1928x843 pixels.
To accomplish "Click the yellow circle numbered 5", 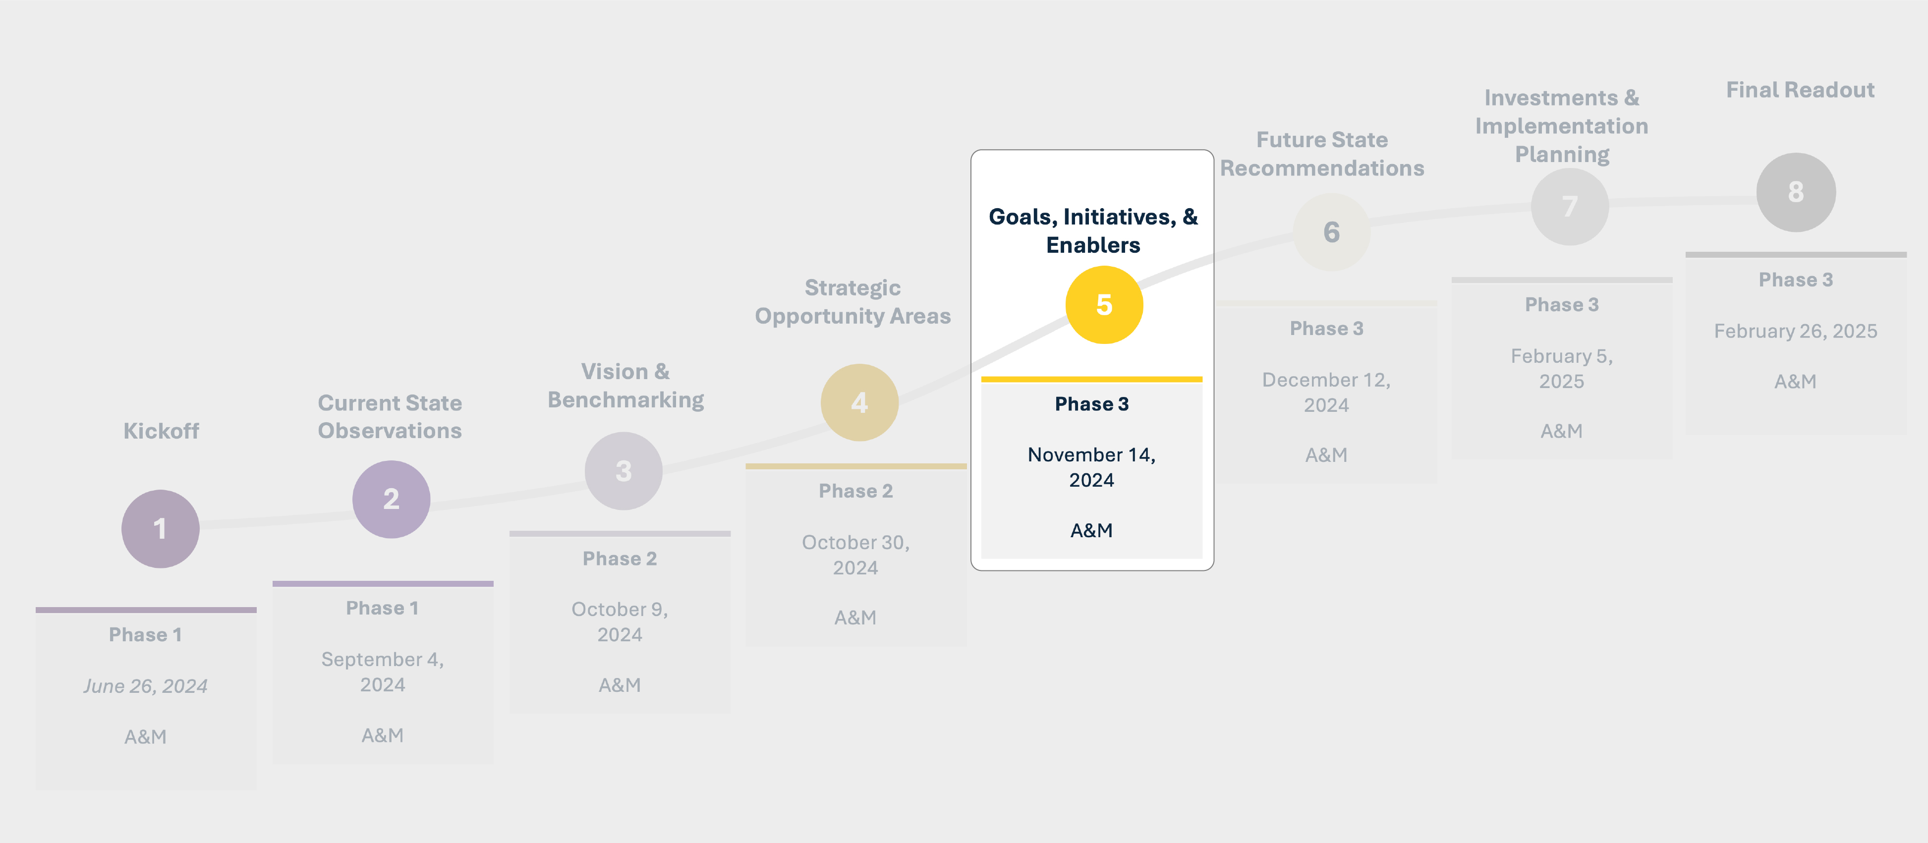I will (x=1104, y=305).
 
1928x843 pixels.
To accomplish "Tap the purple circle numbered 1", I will (x=160, y=529).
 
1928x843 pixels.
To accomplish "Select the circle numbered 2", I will (x=391, y=499).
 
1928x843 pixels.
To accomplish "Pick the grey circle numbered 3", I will (x=624, y=471).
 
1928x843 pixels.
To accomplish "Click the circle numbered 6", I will (x=1331, y=232).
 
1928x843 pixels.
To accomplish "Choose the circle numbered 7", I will (x=1570, y=207).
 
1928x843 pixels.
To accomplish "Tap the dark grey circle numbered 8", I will (x=1796, y=192).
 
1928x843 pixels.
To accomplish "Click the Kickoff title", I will (x=161, y=431).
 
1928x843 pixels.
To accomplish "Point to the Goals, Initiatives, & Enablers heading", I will (x=1093, y=230).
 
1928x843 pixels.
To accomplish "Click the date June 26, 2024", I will (x=145, y=686).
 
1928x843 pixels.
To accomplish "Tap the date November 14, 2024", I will (x=1091, y=467).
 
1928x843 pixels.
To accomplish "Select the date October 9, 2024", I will (x=620, y=621).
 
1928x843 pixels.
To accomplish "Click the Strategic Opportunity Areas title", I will (x=852, y=302).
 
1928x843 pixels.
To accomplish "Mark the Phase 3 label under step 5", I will (x=1091, y=404).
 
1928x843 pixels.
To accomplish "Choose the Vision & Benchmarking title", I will (x=625, y=386).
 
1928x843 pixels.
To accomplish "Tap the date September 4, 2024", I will (x=383, y=672).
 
